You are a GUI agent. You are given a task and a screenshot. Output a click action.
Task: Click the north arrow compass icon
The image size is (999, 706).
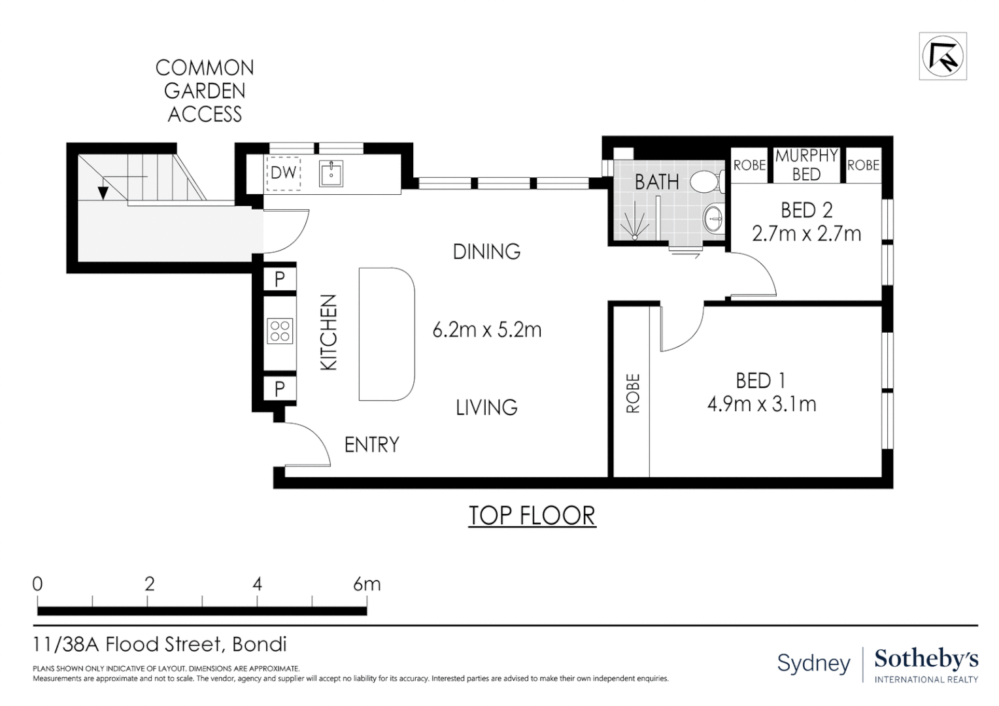click(942, 57)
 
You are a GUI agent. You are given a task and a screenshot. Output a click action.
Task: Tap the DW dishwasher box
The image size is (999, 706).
click(284, 173)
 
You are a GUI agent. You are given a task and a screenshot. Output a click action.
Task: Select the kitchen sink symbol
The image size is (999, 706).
click(331, 173)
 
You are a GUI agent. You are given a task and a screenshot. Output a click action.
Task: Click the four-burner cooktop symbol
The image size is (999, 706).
click(280, 331)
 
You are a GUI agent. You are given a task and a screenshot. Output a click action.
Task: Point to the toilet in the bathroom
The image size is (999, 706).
click(705, 181)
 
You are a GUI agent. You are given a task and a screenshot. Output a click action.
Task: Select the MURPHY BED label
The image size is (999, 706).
click(806, 165)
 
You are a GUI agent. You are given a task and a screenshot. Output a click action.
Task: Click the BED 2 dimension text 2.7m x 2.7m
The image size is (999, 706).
click(806, 233)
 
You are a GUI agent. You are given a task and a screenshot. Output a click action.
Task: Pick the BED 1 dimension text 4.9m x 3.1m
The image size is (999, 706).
click(762, 404)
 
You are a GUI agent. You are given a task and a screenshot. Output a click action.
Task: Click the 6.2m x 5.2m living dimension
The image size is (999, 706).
click(487, 329)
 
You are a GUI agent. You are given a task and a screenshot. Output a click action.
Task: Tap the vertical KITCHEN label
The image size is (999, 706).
click(329, 332)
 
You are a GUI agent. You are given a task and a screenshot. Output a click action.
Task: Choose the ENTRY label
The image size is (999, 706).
click(371, 445)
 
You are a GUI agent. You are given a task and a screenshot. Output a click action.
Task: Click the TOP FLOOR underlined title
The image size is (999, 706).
click(532, 515)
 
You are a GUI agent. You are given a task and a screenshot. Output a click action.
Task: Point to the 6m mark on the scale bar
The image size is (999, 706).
click(366, 584)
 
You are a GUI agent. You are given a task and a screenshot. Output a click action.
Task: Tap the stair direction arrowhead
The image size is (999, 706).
click(103, 193)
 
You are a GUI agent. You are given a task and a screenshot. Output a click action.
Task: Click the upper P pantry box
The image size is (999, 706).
click(279, 279)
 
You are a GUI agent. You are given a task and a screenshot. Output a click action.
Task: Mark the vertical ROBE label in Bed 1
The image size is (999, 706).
click(633, 393)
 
